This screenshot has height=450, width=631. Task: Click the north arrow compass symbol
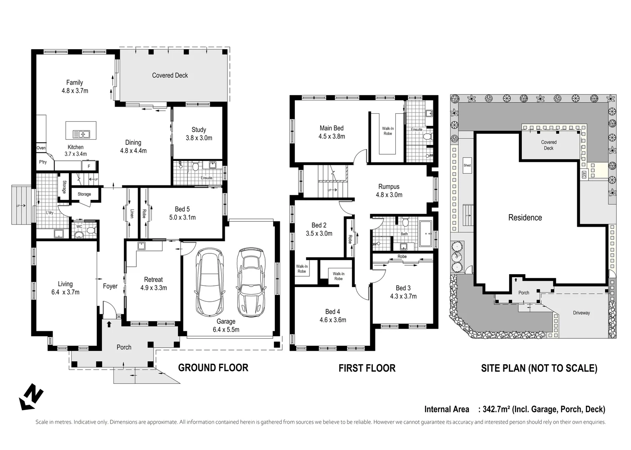point(31,396)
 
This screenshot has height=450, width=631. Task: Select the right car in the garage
point(251,282)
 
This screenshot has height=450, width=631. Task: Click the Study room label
point(199,130)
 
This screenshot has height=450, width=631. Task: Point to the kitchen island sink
point(81,134)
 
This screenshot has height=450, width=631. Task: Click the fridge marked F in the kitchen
point(88,166)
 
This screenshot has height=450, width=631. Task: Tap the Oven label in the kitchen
point(41,148)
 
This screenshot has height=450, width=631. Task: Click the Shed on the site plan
point(467,165)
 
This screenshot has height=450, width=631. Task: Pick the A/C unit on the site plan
point(584,175)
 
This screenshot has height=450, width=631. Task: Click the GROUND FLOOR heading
point(213,367)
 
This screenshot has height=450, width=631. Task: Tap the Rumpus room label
point(389,187)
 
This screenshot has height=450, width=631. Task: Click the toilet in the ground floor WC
point(91,230)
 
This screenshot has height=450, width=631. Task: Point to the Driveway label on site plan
point(581,313)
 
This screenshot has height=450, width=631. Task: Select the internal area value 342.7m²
point(496,409)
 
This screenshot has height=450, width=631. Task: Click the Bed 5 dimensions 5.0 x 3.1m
point(182,217)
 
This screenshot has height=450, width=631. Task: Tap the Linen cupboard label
point(132,213)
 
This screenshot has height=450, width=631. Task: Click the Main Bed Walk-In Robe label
point(387,131)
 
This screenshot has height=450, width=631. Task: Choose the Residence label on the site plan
point(525,217)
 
